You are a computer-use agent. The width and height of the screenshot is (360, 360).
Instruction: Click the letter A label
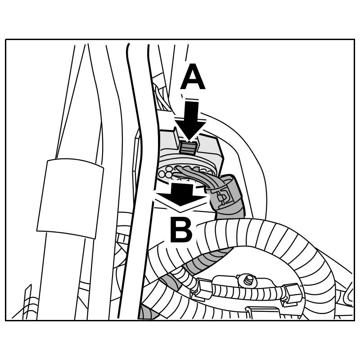[x=193, y=78]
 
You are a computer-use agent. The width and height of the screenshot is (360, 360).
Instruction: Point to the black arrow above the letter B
[x=180, y=194]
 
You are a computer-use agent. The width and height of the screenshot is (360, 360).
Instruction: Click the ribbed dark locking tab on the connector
[x=188, y=147]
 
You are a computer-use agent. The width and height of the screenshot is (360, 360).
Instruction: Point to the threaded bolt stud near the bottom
[x=248, y=280]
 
